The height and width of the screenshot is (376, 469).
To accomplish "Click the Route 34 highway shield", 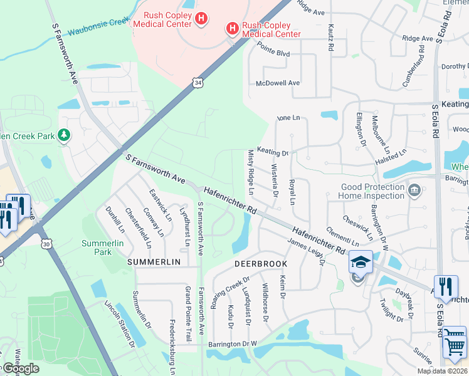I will pyautogui.click(x=198, y=82).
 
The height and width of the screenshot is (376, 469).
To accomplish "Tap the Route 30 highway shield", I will pyautogui.click(x=46, y=243).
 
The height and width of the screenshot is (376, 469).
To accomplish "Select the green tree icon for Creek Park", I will pyautogui.click(x=63, y=135).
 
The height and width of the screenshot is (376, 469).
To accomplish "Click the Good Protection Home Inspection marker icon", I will pyautogui.click(x=414, y=190).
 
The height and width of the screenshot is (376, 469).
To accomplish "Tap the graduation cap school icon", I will pyautogui.click(x=361, y=263).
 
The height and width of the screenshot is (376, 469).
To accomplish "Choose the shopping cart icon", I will pyautogui.click(x=454, y=345).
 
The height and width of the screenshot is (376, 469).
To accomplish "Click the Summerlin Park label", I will pyautogui.click(x=97, y=247).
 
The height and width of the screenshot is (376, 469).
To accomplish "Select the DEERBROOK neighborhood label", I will pyautogui.click(x=261, y=264).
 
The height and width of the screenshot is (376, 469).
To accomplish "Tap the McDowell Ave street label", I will pyautogui.click(x=278, y=83).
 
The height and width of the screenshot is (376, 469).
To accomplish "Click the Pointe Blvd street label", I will pyautogui.click(x=274, y=54).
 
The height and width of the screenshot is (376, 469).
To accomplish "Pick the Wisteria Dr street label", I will pyautogui.click(x=274, y=180).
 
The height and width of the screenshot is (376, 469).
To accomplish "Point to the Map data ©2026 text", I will pyautogui.click(x=442, y=371).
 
